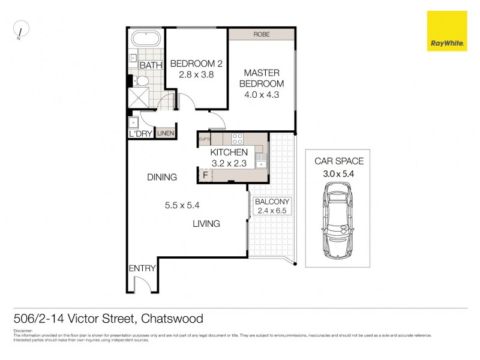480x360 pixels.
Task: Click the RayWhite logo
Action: point(447,31)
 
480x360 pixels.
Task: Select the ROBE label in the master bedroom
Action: point(261,34)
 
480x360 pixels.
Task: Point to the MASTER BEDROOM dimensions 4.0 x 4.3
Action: point(261,94)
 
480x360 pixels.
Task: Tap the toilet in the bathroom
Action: point(142,80)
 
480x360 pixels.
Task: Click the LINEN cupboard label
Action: point(166,133)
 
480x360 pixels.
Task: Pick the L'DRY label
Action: point(140,133)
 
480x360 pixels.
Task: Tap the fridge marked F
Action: point(205,175)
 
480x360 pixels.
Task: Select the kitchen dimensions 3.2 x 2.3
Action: point(229,163)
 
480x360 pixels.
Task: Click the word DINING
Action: point(162,177)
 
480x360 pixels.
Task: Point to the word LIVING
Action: point(206,224)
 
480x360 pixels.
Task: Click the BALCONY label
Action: point(272,202)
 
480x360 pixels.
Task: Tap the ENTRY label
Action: point(142,268)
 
